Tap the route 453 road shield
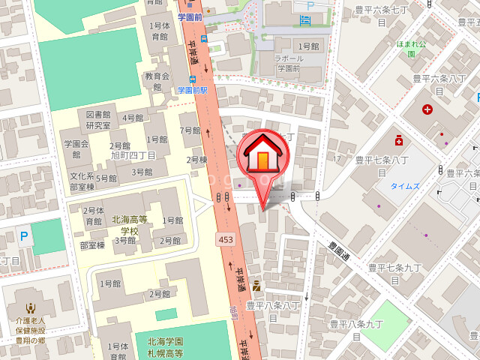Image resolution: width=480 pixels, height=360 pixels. pyautogui.click(x=225, y=239)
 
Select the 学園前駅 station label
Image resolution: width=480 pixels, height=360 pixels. pyautogui.click(x=191, y=90)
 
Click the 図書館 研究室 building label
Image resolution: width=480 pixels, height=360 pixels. pyautogui.click(x=98, y=120)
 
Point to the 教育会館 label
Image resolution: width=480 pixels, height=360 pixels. pyautogui.click(x=158, y=81)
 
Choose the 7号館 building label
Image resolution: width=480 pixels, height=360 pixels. pyautogui.click(x=191, y=130)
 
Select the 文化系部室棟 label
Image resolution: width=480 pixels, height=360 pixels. pyautogui.click(x=82, y=182)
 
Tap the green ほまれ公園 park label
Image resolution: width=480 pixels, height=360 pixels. pyautogui.click(x=410, y=49)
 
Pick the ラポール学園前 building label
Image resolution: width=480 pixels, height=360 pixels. pyautogui.click(x=288, y=63)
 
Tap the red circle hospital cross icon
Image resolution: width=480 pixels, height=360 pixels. pyautogui.click(x=427, y=110)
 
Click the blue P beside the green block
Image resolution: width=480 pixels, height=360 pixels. pyautogui.click(x=24, y=237)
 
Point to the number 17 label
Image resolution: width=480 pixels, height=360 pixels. pyautogui.click(x=337, y=159)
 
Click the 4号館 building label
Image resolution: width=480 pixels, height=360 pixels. pyautogui.click(x=133, y=118)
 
